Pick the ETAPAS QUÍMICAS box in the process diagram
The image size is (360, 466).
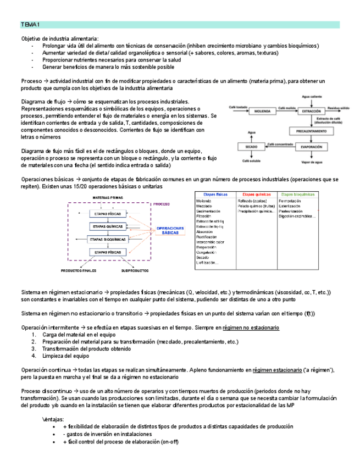[x=108, y=226]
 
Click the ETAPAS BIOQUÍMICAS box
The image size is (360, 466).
[x=108, y=240]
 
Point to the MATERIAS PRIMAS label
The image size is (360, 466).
[x=107, y=197]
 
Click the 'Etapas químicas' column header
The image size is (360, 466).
[x=256, y=195]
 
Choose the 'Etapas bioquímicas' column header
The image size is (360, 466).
[x=301, y=195]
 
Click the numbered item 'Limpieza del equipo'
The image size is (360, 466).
[x=66, y=356]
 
